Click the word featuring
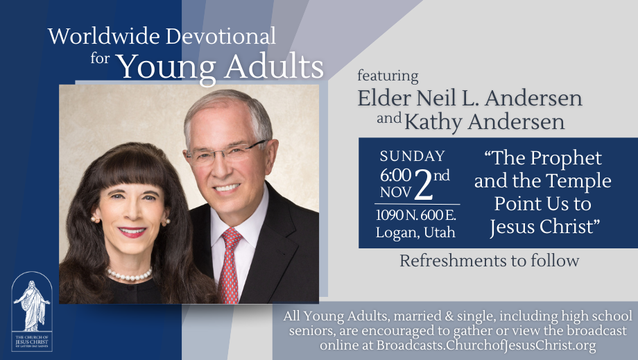point(388,76)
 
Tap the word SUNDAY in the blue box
point(413,156)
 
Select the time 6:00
point(395,175)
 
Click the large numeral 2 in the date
point(424,182)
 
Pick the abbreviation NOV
point(395,191)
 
